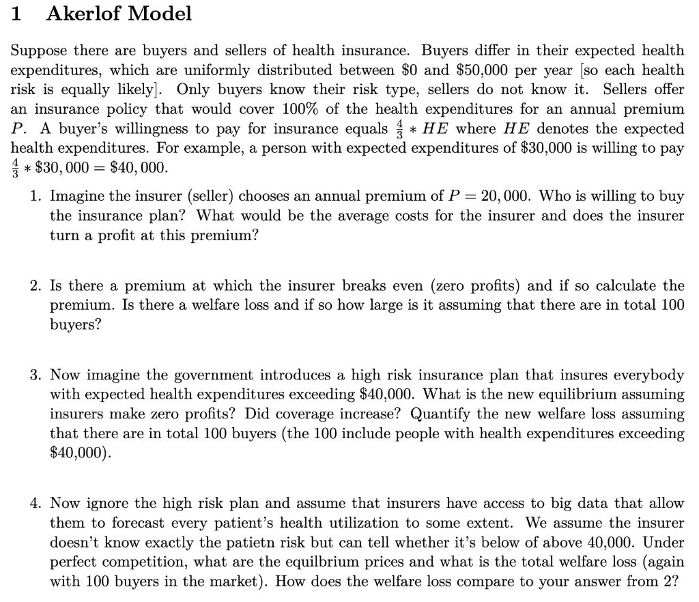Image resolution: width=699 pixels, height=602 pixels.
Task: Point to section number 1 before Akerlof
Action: [x=18, y=14]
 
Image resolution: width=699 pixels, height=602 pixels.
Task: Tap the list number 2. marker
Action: [x=37, y=285]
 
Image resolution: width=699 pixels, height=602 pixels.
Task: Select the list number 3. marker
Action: [x=37, y=375]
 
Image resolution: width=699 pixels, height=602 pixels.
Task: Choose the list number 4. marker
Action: [x=37, y=504]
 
